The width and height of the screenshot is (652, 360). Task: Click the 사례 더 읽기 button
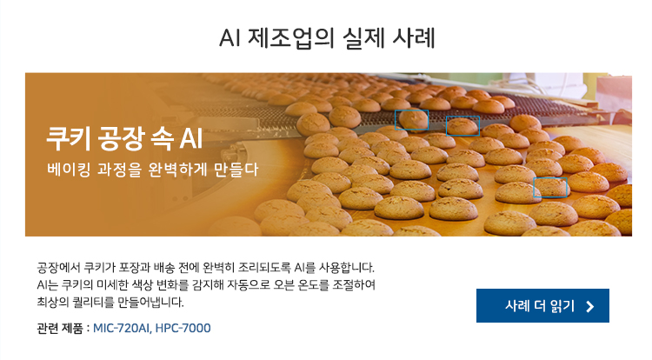coord(542,305)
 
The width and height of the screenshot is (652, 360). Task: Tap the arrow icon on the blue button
coord(589,307)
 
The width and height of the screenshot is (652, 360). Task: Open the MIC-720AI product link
coord(122,328)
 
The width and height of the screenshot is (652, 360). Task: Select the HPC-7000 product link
coord(183,328)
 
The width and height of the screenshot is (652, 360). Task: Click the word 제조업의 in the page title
coord(291,38)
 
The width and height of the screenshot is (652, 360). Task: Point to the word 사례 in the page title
coord(413,38)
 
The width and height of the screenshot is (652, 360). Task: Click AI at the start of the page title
coord(230,38)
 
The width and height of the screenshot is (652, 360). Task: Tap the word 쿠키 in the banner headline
coord(68,138)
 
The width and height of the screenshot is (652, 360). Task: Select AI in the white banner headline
coord(191,138)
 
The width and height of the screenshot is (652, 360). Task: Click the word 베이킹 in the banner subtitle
coord(69,170)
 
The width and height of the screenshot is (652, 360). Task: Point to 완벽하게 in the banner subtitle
coord(177,170)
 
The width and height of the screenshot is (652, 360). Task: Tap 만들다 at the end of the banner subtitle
coord(236,170)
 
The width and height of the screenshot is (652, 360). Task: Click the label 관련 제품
coord(60,328)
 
